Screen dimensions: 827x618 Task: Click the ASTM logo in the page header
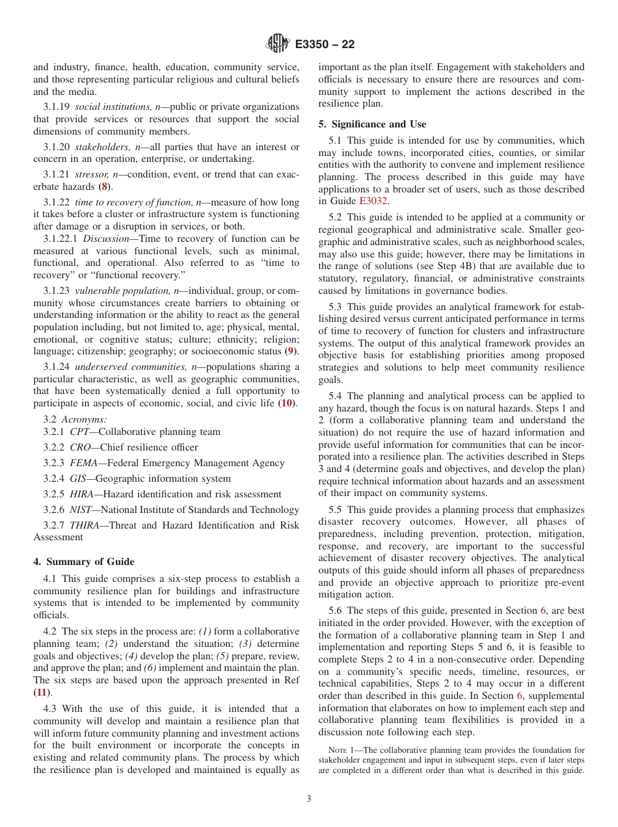coord(278,44)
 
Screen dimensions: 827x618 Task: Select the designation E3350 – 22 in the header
coord(325,45)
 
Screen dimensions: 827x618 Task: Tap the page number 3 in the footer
coord(309,798)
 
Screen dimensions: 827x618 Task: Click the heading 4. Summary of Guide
coord(84,562)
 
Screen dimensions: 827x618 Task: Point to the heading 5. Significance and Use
coord(372,124)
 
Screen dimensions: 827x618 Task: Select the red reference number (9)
coord(291,351)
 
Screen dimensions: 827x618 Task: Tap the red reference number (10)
coord(286,404)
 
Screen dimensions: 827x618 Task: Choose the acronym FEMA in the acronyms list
coord(85,463)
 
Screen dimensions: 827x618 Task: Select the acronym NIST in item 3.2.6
coord(81,510)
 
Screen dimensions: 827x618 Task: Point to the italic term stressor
coord(91,174)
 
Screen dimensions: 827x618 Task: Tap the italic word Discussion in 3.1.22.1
coord(106,239)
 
